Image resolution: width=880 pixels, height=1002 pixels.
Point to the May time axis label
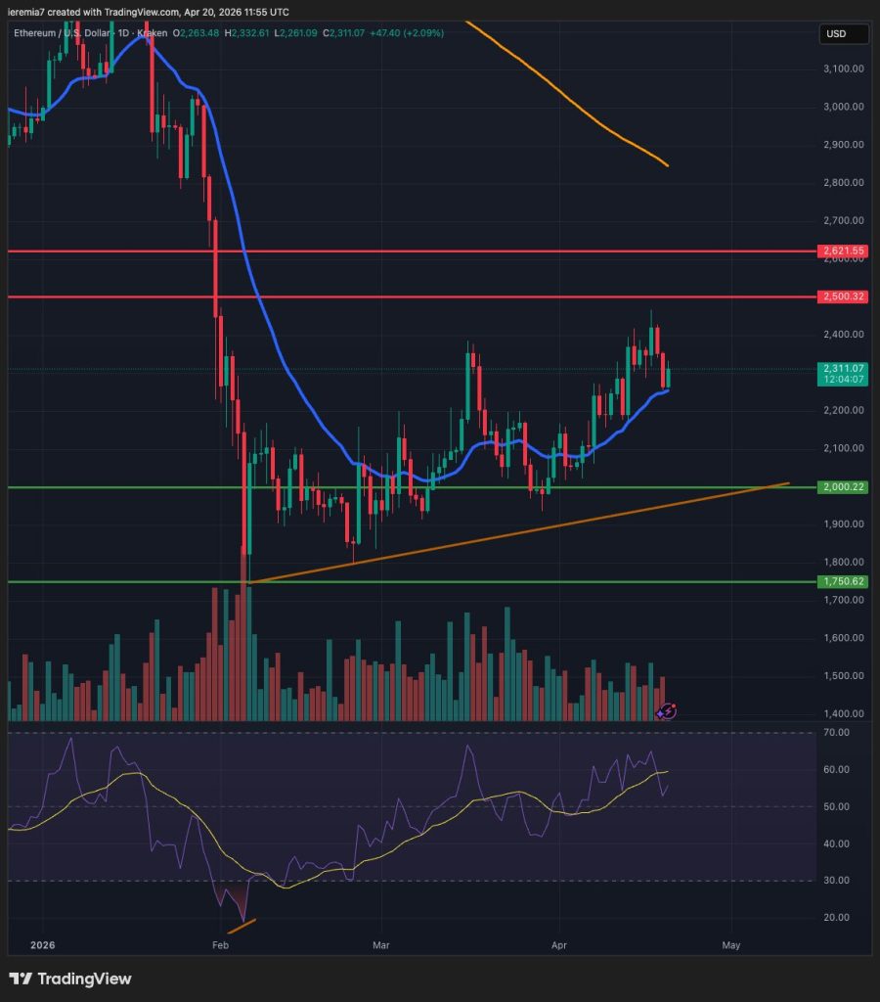pos(730,946)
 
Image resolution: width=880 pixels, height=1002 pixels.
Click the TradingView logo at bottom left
pos(69,979)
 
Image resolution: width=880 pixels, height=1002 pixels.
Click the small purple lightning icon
pos(666,711)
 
